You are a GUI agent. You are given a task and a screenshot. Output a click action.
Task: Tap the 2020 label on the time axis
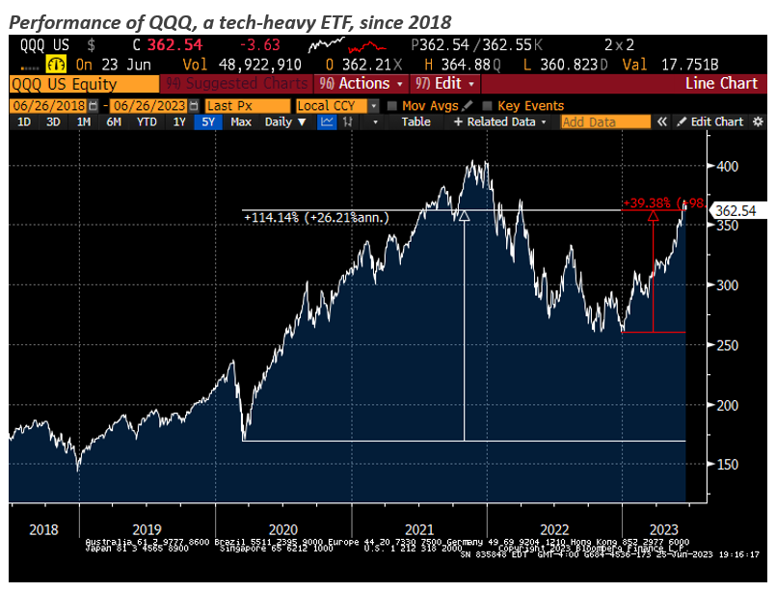point(281,528)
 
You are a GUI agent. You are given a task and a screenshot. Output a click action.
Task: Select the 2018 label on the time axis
point(45,528)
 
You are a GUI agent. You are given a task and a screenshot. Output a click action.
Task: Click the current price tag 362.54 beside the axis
point(735,209)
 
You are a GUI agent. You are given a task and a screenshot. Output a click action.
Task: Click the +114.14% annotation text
point(316,218)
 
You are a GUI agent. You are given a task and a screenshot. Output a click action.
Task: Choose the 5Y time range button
point(207,121)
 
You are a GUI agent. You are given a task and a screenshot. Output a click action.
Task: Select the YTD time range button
point(147,121)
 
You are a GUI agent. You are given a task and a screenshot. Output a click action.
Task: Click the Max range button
point(241,121)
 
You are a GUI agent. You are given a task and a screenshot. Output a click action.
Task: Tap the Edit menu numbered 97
point(441,83)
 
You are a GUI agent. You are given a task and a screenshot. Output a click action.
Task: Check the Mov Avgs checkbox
point(392,105)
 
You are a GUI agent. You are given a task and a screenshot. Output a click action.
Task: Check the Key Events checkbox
point(488,105)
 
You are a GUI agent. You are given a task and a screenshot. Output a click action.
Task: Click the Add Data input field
point(605,121)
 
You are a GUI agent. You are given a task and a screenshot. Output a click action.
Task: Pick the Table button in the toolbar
point(415,121)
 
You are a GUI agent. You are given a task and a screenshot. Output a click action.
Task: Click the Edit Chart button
point(711,121)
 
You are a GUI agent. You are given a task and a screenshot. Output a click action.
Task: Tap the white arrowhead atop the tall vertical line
point(465,217)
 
